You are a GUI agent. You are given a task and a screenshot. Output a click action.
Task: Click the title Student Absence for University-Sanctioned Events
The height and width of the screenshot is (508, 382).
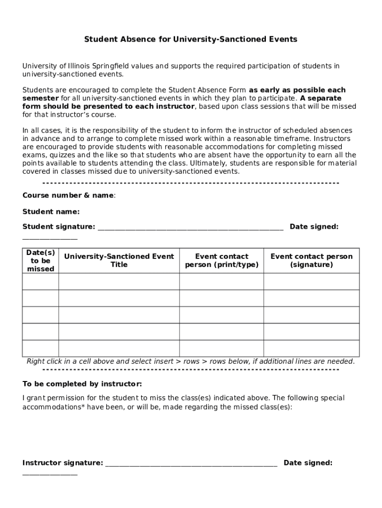tap(191, 39)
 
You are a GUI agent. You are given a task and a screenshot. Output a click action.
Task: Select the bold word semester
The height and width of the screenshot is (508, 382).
tap(40, 98)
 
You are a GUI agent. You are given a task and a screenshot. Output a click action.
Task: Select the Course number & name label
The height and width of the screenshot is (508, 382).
tap(68, 195)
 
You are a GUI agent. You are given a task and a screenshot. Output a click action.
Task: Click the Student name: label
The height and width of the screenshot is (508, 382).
tap(51, 212)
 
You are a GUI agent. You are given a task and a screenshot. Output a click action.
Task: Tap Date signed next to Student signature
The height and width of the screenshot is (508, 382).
tap(314, 227)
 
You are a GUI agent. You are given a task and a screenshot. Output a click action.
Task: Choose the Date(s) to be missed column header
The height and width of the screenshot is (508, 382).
tap(41, 260)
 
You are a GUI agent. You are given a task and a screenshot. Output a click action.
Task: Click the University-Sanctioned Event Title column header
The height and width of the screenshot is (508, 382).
tap(119, 260)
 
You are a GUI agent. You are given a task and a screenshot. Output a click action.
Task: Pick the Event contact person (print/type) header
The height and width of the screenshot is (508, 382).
tap(222, 260)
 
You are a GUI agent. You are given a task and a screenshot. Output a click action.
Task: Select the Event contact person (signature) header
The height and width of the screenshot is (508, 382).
tap(311, 260)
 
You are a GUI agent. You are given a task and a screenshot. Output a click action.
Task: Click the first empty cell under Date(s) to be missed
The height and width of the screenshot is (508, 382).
tap(41, 281)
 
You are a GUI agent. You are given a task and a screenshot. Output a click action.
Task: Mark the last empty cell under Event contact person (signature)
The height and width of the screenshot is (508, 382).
tap(311, 348)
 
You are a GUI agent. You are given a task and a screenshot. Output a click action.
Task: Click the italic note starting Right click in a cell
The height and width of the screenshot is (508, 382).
tap(191, 361)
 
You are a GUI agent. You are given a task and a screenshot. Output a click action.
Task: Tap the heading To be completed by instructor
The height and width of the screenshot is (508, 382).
tap(82, 384)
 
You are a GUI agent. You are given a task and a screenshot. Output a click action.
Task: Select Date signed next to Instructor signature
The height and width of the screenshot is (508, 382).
tap(308, 463)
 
